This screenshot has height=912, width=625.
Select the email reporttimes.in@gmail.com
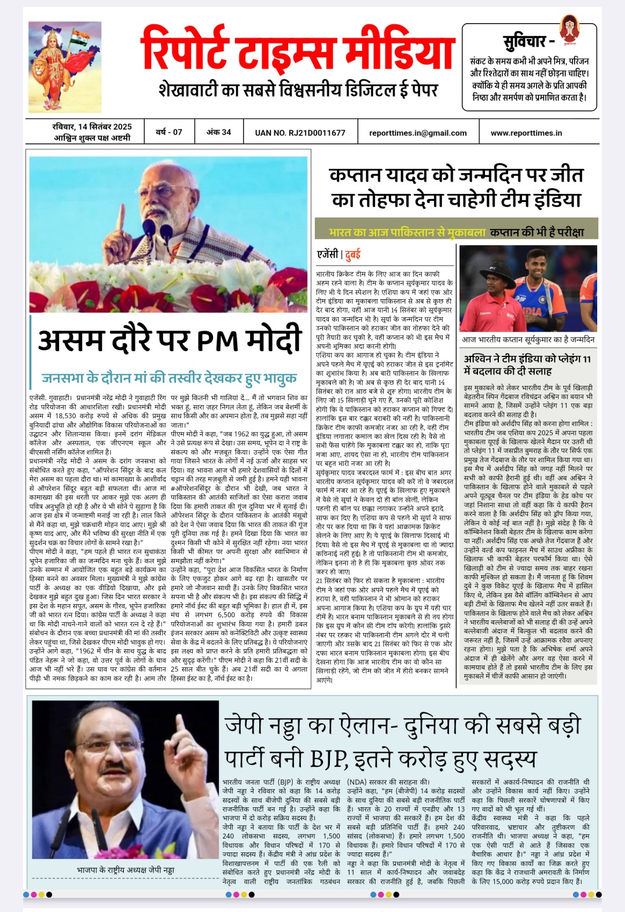[418, 133]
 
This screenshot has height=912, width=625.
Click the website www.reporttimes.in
[526, 133]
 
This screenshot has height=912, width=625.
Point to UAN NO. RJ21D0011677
[300, 133]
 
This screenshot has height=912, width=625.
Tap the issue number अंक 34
[219, 133]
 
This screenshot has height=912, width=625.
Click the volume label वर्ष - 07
[168, 133]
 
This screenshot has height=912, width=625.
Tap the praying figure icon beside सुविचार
[569, 30]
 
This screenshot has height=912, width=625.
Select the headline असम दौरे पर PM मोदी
[170, 340]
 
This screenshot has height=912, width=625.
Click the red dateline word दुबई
[353, 254]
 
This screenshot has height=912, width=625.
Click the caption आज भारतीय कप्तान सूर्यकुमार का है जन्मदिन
[528, 340]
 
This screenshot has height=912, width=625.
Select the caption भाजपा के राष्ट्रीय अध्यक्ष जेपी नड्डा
[125, 870]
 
